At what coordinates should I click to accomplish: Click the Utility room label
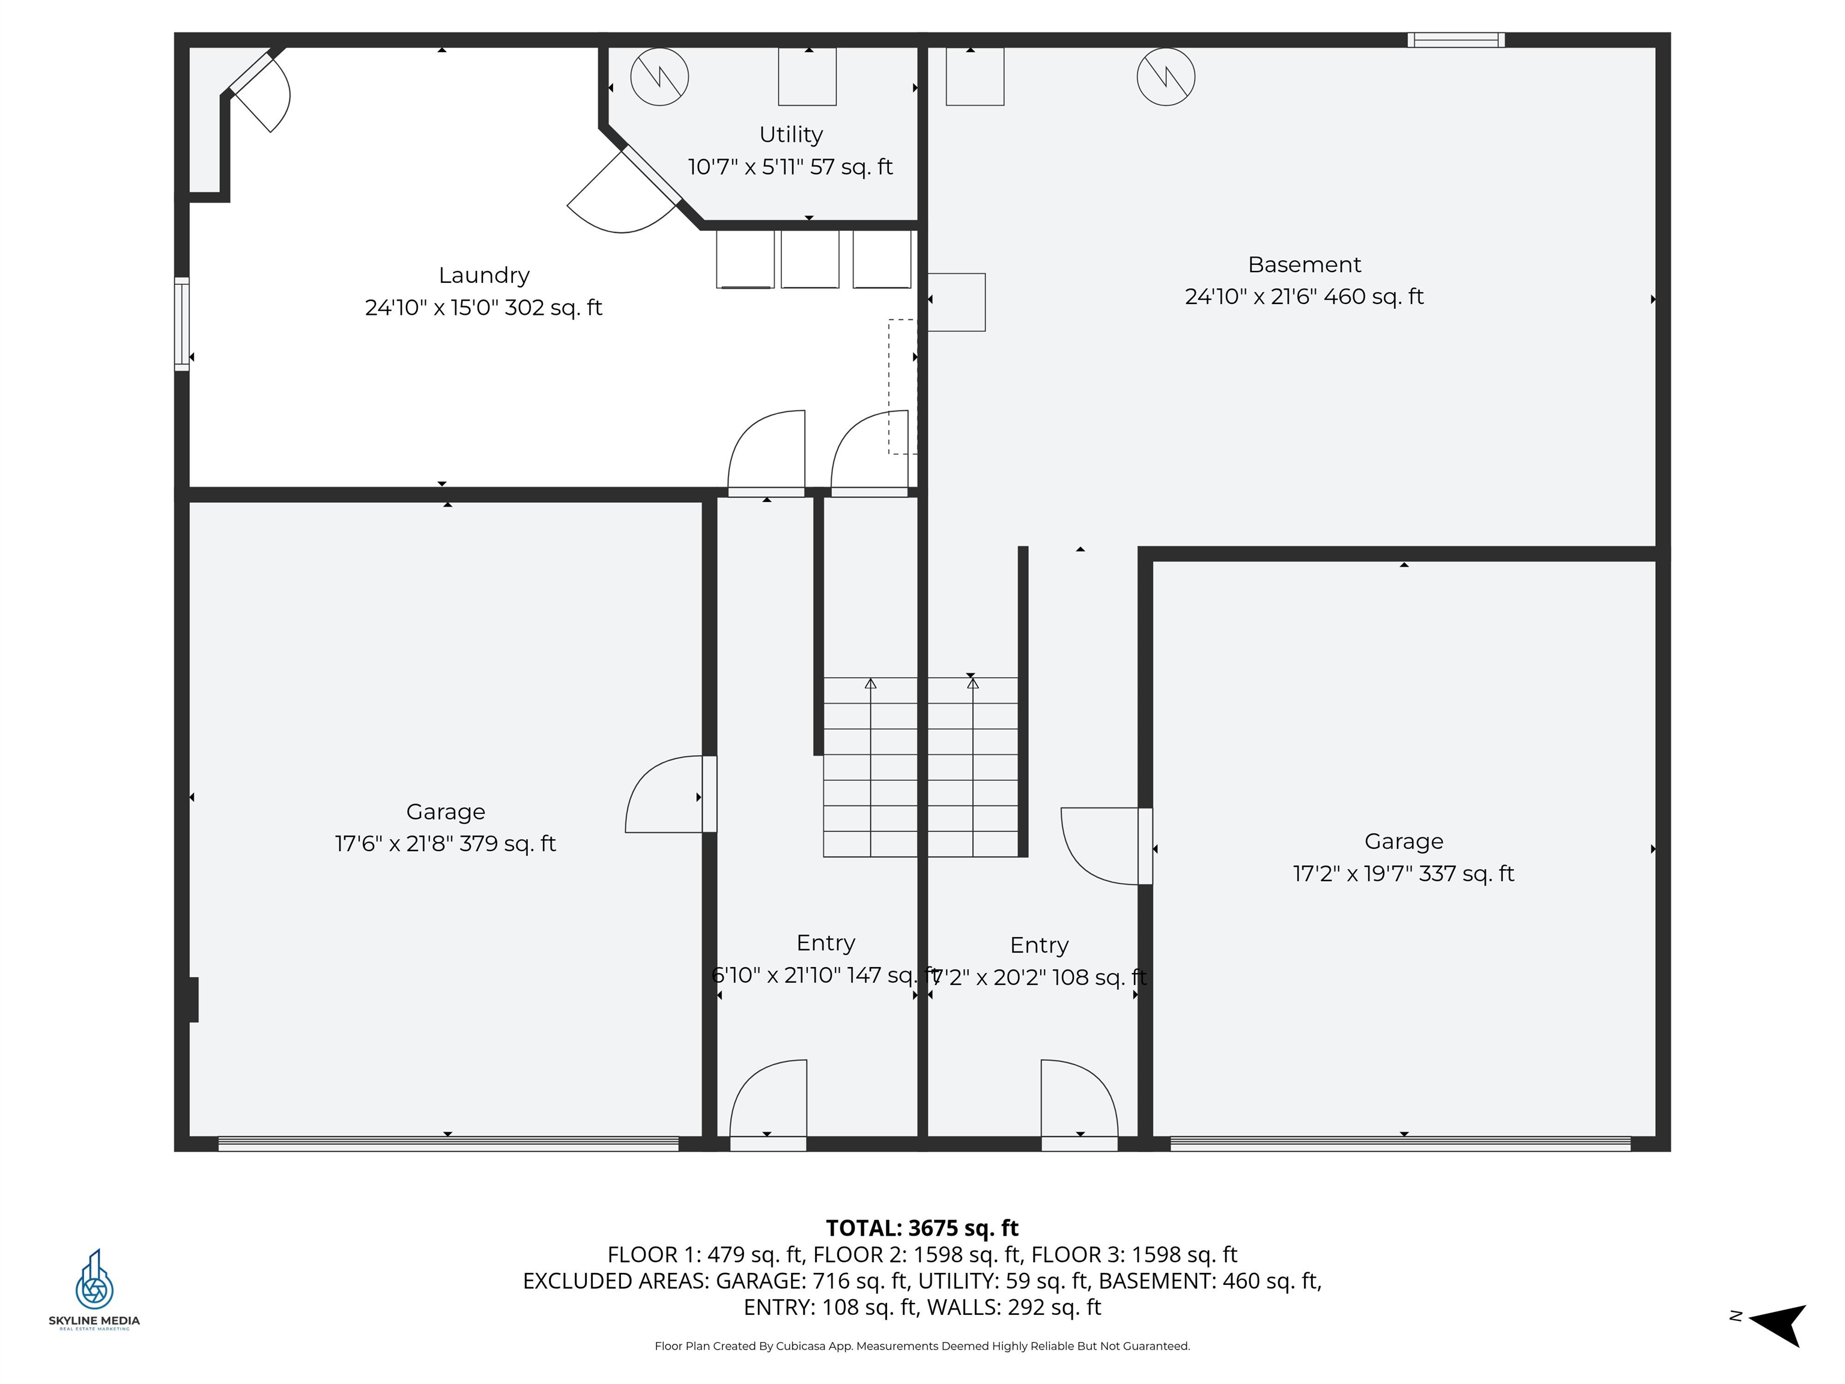tap(791, 135)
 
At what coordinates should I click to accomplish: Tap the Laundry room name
tap(483, 275)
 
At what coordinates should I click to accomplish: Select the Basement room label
tap(1304, 264)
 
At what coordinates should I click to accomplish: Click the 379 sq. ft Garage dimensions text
tap(446, 843)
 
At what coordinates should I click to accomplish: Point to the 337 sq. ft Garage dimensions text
tap(1403, 873)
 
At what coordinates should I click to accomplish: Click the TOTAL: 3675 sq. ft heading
tap(922, 1228)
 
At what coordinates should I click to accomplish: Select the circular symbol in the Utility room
tap(659, 77)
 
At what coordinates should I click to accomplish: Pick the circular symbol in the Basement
tap(1165, 77)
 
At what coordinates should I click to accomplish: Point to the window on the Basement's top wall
tap(1455, 40)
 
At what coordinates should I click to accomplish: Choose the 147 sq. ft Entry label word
tap(826, 942)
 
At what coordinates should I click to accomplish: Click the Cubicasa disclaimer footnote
tap(922, 1346)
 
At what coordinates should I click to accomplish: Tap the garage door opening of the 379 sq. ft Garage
tap(448, 1144)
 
